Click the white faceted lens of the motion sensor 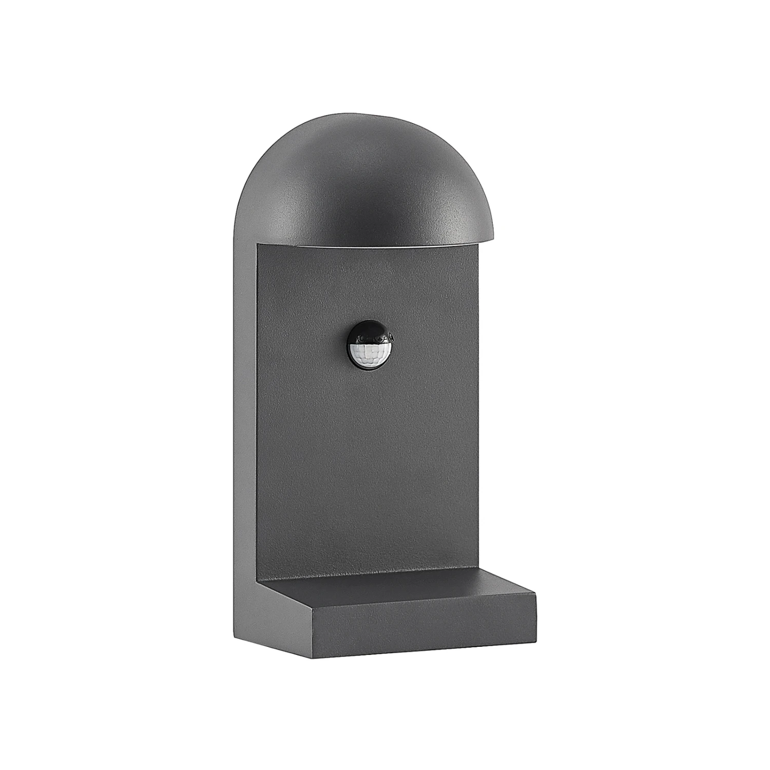coord(368,352)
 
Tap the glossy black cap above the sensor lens coord(369,337)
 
